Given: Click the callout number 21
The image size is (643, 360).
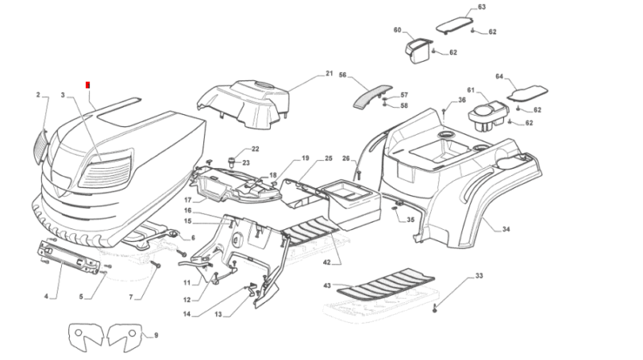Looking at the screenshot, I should point(329,74).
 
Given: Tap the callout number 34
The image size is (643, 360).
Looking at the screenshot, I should point(506,230).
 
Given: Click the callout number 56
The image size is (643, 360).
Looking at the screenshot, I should point(342,75).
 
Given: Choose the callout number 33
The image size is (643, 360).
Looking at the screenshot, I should point(479,276).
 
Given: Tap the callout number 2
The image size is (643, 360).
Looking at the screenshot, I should point(38,95).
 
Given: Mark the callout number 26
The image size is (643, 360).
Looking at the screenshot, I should point(346,158).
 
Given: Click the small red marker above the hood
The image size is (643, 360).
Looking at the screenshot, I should point(88,84).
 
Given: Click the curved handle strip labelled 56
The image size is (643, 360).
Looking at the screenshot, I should point(373,93).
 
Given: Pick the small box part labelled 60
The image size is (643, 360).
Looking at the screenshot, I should point(417,50).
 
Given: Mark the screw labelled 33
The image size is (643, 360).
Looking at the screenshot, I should point(435,308).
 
